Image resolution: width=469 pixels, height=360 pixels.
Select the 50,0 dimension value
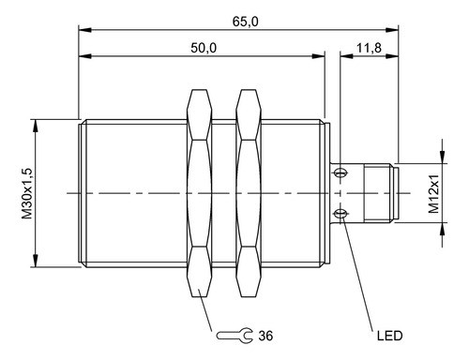pyautogui.click(x=204, y=48)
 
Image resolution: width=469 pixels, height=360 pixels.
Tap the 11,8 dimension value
pyautogui.click(x=368, y=48)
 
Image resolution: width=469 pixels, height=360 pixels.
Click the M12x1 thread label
pyautogui.click(x=433, y=194)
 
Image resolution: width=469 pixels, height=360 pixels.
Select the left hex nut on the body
pyautogui.click(x=199, y=194)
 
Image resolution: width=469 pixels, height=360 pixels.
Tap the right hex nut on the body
pyautogui.click(x=248, y=194)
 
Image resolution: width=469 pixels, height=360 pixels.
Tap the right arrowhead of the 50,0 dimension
pyautogui.click(x=320, y=57)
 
